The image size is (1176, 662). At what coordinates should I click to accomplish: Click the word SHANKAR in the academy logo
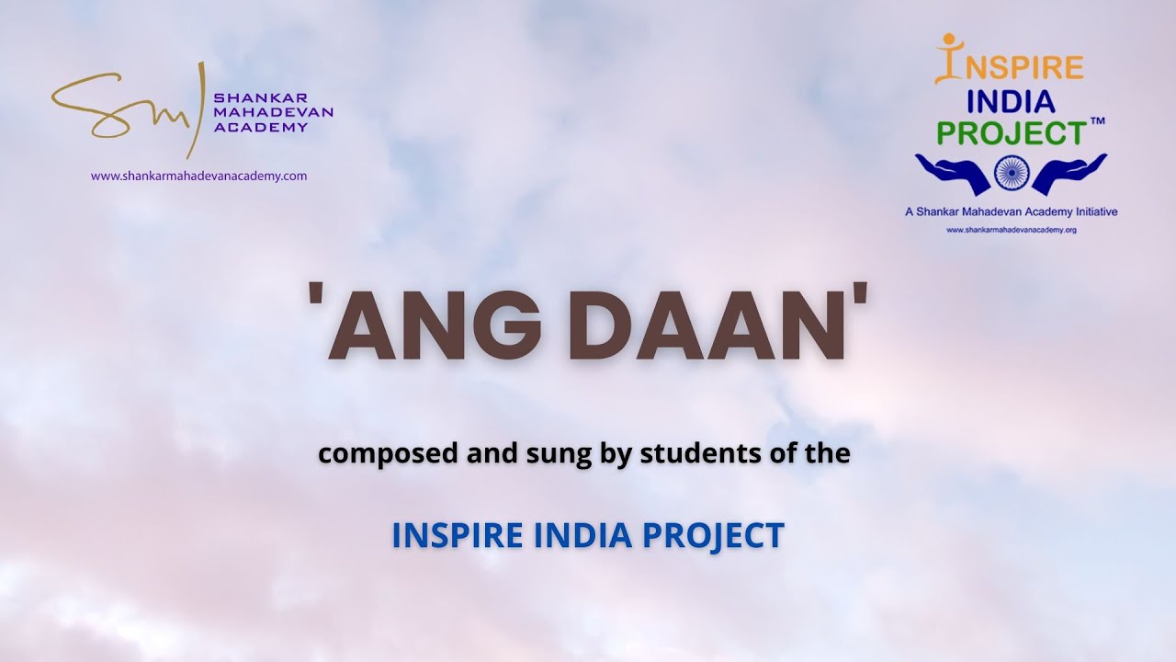(x=248, y=97)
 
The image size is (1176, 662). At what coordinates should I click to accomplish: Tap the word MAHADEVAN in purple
(x=273, y=112)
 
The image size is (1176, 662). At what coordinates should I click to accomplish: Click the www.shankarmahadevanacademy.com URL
(x=198, y=176)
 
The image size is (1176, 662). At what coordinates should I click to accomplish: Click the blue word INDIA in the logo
(x=1011, y=101)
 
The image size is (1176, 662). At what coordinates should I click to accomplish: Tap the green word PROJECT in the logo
(x=1011, y=133)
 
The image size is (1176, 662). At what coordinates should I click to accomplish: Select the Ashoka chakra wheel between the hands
(x=1011, y=172)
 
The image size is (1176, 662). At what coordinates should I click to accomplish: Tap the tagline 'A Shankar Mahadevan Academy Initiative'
(x=1011, y=211)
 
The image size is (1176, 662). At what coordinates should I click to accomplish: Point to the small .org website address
(x=1011, y=230)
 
